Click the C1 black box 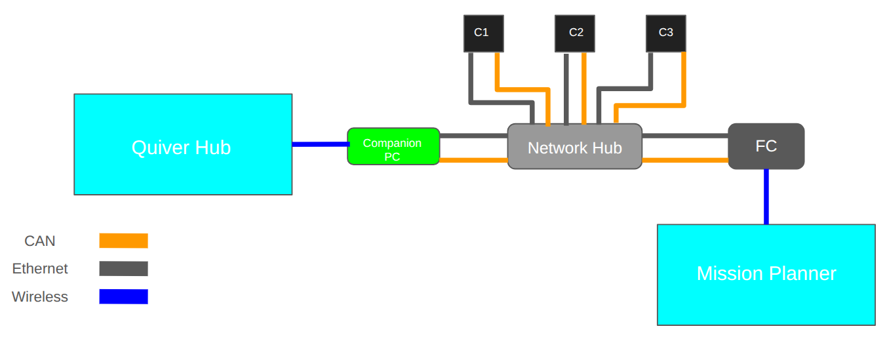tap(484, 33)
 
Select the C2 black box tap(574, 33)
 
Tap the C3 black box tap(665, 33)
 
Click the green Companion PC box tap(393, 146)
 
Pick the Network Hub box tap(574, 146)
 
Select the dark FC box tap(766, 146)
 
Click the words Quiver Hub tap(182, 148)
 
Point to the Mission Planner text tap(766, 273)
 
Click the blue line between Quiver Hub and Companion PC tap(321, 144)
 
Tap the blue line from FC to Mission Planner tap(766, 197)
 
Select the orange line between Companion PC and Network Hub tap(473, 160)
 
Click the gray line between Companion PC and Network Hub tap(473, 136)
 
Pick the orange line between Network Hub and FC tap(685, 160)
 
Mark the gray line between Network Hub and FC tap(685, 136)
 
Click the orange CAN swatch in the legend tap(123, 241)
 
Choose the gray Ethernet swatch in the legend tap(123, 268)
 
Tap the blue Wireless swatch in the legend tap(123, 296)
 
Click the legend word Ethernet tap(40, 268)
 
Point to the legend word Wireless tap(40, 296)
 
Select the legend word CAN tap(39, 241)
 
